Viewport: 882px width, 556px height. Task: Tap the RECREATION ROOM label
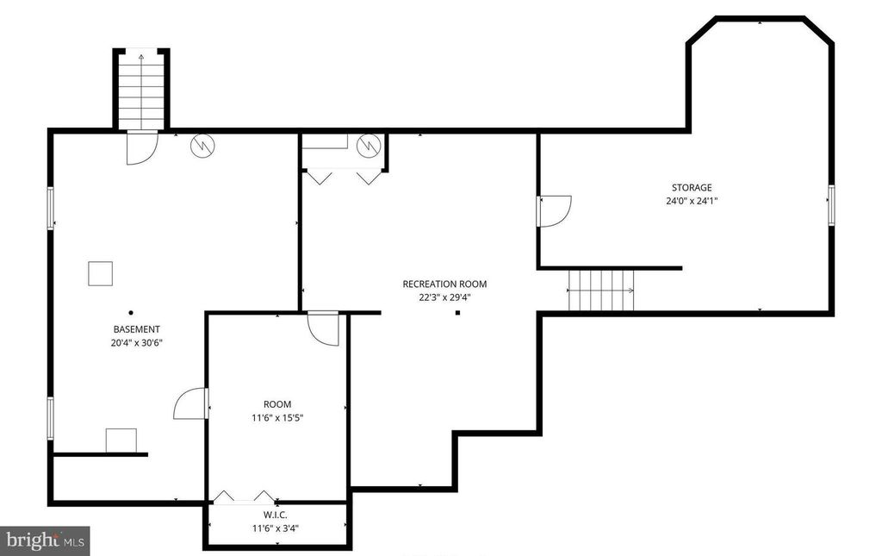coord(444,284)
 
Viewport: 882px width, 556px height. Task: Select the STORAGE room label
coord(692,188)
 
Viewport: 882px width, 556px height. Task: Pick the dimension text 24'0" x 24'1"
coord(692,201)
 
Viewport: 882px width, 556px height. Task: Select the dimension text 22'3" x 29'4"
coord(444,297)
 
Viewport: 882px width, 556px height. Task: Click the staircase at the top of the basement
coord(141,89)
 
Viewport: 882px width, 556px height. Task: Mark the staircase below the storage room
coord(601,290)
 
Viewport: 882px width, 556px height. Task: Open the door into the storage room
coord(554,210)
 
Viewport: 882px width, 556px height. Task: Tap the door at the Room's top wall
coord(325,328)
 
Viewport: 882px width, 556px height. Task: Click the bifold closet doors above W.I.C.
coord(244,496)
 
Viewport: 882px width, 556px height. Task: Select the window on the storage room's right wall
coord(831,205)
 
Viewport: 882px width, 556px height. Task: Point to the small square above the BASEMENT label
coord(100,273)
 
